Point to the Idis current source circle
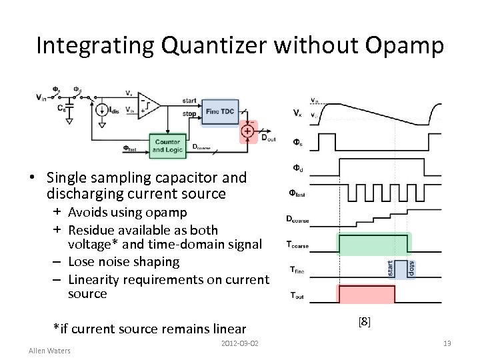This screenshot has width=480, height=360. (102, 110)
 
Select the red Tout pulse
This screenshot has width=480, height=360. (367, 293)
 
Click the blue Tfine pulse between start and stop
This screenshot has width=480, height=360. (401, 269)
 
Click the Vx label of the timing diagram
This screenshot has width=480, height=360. (297, 114)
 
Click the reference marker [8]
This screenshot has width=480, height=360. (364, 322)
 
